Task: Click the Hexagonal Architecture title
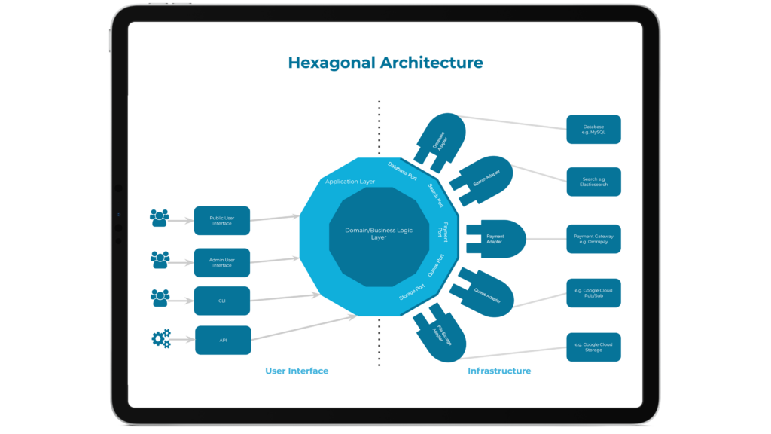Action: (x=385, y=63)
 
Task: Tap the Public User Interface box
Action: (x=222, y=220)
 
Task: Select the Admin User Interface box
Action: (x=222, y=262)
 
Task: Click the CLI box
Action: (x=222, y=301)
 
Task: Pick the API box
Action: (x=222, y=341)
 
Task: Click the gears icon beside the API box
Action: (x=161, y=339)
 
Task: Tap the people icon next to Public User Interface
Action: (x=160, y=219)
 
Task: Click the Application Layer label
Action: (x=350, y=182)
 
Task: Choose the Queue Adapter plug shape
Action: (x=486, y=291)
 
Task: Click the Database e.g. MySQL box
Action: (x=593, y=130)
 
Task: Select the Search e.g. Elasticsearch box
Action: (x=593, y=182)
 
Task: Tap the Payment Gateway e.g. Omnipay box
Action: (x=593, y=240)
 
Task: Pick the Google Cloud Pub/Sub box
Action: (x=593, y=292)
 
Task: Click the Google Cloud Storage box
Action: (x=593, y=347)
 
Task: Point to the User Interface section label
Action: (x=297, y=371)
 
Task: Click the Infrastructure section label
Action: (x=499, y=371)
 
